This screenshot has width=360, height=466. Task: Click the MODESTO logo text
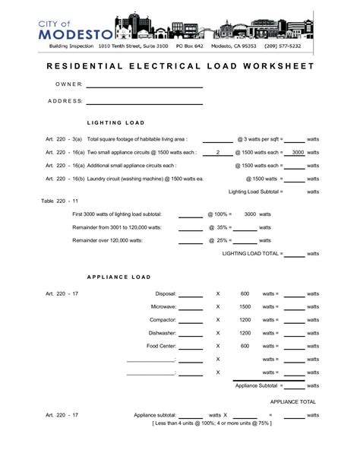[x=75, y=33]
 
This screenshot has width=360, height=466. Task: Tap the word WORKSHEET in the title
[x=276, y=67]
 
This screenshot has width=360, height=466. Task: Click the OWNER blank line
[x=144, y=87]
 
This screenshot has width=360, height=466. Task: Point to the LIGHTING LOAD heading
[x=116, y=122]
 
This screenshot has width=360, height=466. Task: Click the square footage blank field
[x=218, y=141]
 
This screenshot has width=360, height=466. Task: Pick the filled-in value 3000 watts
[x=298, y=152]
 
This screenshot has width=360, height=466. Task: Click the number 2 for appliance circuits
[x=218, y=152]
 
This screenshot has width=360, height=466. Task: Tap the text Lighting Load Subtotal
[x=255, y=192]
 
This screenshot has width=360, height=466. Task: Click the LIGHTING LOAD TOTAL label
[x=252, y=253]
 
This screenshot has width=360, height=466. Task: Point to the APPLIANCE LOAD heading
[x=119, y=277]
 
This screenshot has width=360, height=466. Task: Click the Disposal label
[x=166, y=293]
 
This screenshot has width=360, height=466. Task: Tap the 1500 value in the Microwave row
[x=245, y=306]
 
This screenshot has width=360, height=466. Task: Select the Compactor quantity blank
[x=190, y=320]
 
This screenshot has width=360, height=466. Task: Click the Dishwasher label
[x=163, y=333]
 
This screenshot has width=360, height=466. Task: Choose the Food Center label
[x=162, y=346]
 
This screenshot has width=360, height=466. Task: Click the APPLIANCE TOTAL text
[x=292, y=401]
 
